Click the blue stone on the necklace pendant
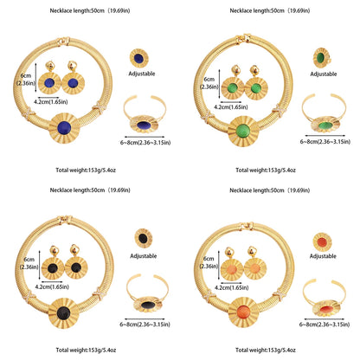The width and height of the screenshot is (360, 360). click(x=64, y=128)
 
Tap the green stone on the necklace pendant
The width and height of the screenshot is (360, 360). click(x=243, y=131)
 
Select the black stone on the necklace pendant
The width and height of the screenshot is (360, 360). click(x=63, y=313)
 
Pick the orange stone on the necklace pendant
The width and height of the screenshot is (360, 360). click(x=243, y=312)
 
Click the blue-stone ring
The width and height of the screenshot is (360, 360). click(x=139, y=58)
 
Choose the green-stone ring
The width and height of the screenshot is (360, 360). click(x=321, y=58)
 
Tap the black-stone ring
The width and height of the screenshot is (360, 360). click(x=144, y=238)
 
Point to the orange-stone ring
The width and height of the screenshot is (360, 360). click(x=322, y=242)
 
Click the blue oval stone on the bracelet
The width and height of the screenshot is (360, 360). click(x=145, y=125)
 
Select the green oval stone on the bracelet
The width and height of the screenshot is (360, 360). click(x=325, y=125)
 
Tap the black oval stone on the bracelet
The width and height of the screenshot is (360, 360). click(x=148, y=305)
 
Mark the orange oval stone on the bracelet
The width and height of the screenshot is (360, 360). click(x=326, y=309)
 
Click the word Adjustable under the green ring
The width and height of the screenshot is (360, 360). click(x=324, y=74)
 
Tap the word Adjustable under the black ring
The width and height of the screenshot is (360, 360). click(x=144, y=256)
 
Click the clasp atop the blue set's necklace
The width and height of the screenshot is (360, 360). click(x=63, y=41)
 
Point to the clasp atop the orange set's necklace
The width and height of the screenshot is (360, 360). click(x=247, y=226)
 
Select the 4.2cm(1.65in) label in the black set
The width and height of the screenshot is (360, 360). click(x=52, y=287)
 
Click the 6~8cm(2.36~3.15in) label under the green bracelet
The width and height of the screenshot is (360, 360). click(x=325, y=142)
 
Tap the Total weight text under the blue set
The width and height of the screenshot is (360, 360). click(x=86, y=170)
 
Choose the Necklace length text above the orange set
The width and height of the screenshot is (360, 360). click(x=270, y=190)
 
